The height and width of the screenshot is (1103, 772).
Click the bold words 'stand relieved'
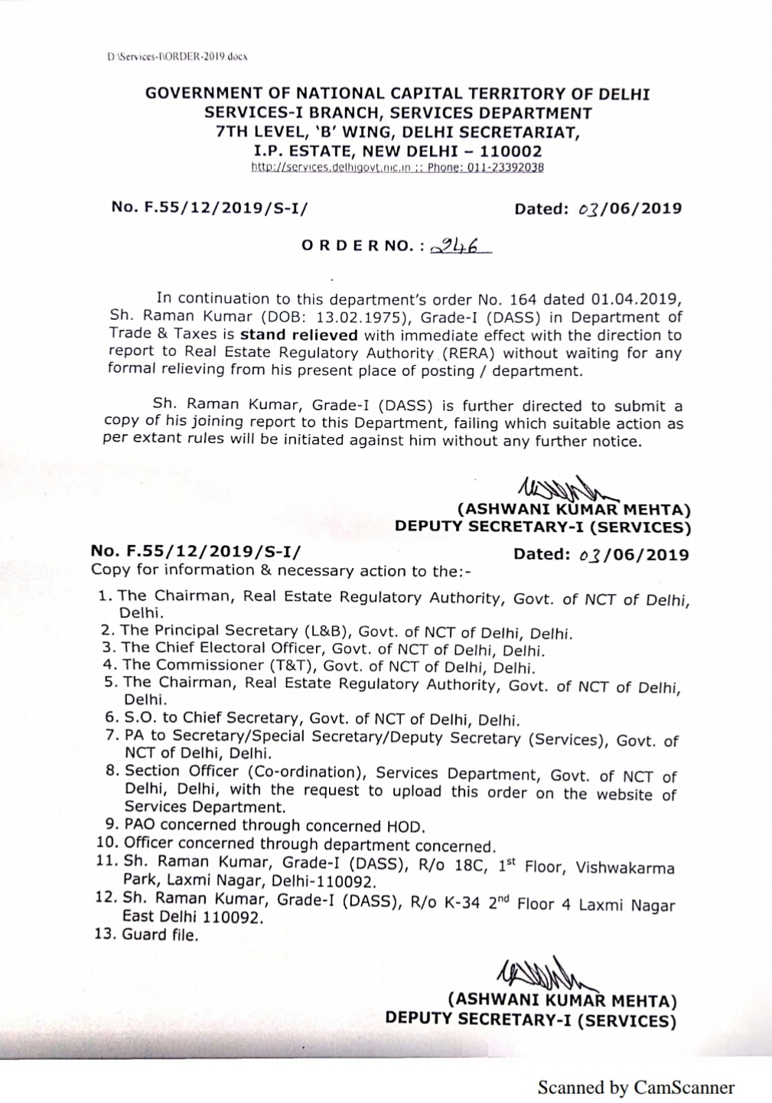(298, 335)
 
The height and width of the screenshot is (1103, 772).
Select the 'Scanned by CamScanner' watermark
(636, 1087)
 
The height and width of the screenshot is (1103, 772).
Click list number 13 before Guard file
(106, 935)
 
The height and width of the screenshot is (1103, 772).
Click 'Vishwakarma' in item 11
(625, 868)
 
